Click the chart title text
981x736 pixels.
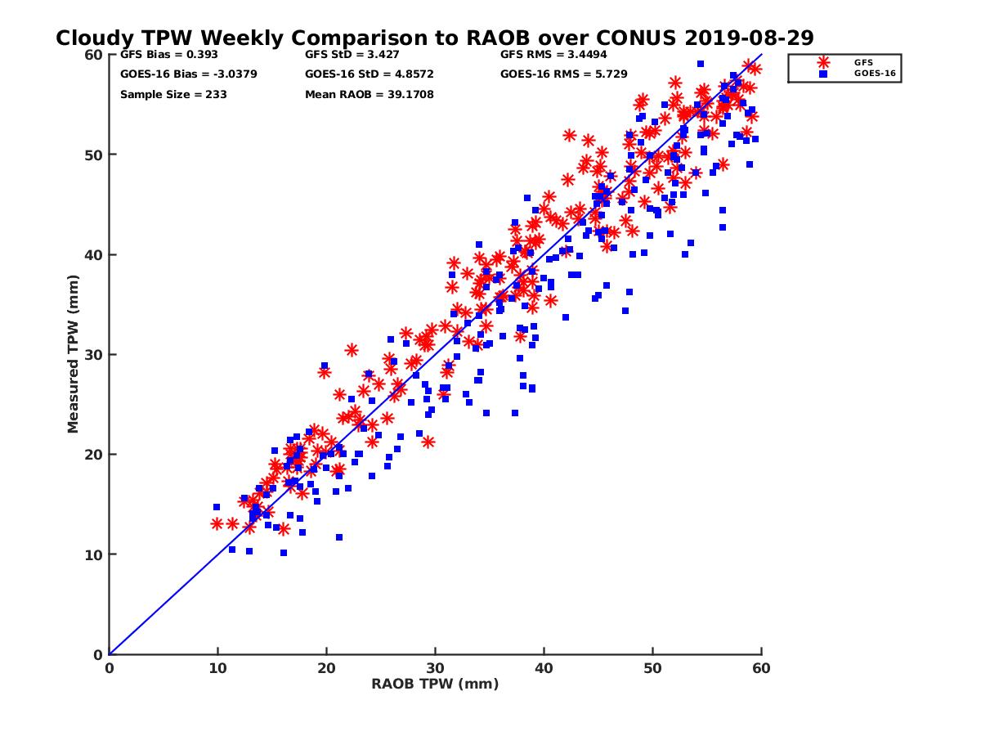[x=434, y=38]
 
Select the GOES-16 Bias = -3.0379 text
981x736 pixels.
[x=177, y=74]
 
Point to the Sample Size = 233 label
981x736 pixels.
[x=173, y=95]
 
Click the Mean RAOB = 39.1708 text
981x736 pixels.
[x=369, y=95]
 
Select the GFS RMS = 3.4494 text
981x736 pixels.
[x=553, y=56]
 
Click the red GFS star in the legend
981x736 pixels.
[x=823, y=62]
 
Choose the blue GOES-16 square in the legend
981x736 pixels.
[x=823, y=74]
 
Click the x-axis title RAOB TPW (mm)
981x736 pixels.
[x=435, y=684]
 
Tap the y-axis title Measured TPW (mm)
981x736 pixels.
[x=74, y=354]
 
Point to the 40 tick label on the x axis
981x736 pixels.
[x=544, y=668]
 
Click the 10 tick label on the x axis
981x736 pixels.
[x=217, y=668]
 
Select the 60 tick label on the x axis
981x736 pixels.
[x=761, y=668]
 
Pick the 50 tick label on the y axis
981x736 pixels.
[x=93, y=155]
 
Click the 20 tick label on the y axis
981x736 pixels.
[x=93, y=455]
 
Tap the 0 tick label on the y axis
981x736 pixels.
[x=97, y=654]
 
